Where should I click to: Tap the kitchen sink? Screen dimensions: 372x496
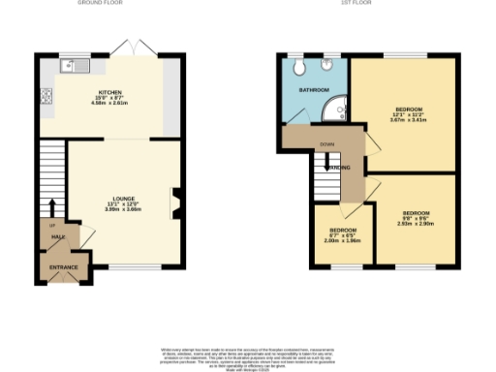point(73,66)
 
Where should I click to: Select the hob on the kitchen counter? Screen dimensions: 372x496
point(46,95)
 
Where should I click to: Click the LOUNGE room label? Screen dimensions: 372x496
point(123,199)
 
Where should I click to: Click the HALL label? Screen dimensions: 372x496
point(58,236)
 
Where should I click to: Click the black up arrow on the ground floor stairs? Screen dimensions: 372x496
point(51,206)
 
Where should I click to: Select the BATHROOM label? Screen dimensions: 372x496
point(313,90)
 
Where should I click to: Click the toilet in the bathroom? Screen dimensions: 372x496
point(303,66)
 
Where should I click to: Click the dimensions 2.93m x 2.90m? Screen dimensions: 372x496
point(417,224)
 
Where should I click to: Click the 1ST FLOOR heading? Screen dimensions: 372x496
point(371,4)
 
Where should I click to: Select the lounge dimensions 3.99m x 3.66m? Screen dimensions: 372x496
point(123,209)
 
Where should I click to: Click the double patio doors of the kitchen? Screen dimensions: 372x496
point(126,48)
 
